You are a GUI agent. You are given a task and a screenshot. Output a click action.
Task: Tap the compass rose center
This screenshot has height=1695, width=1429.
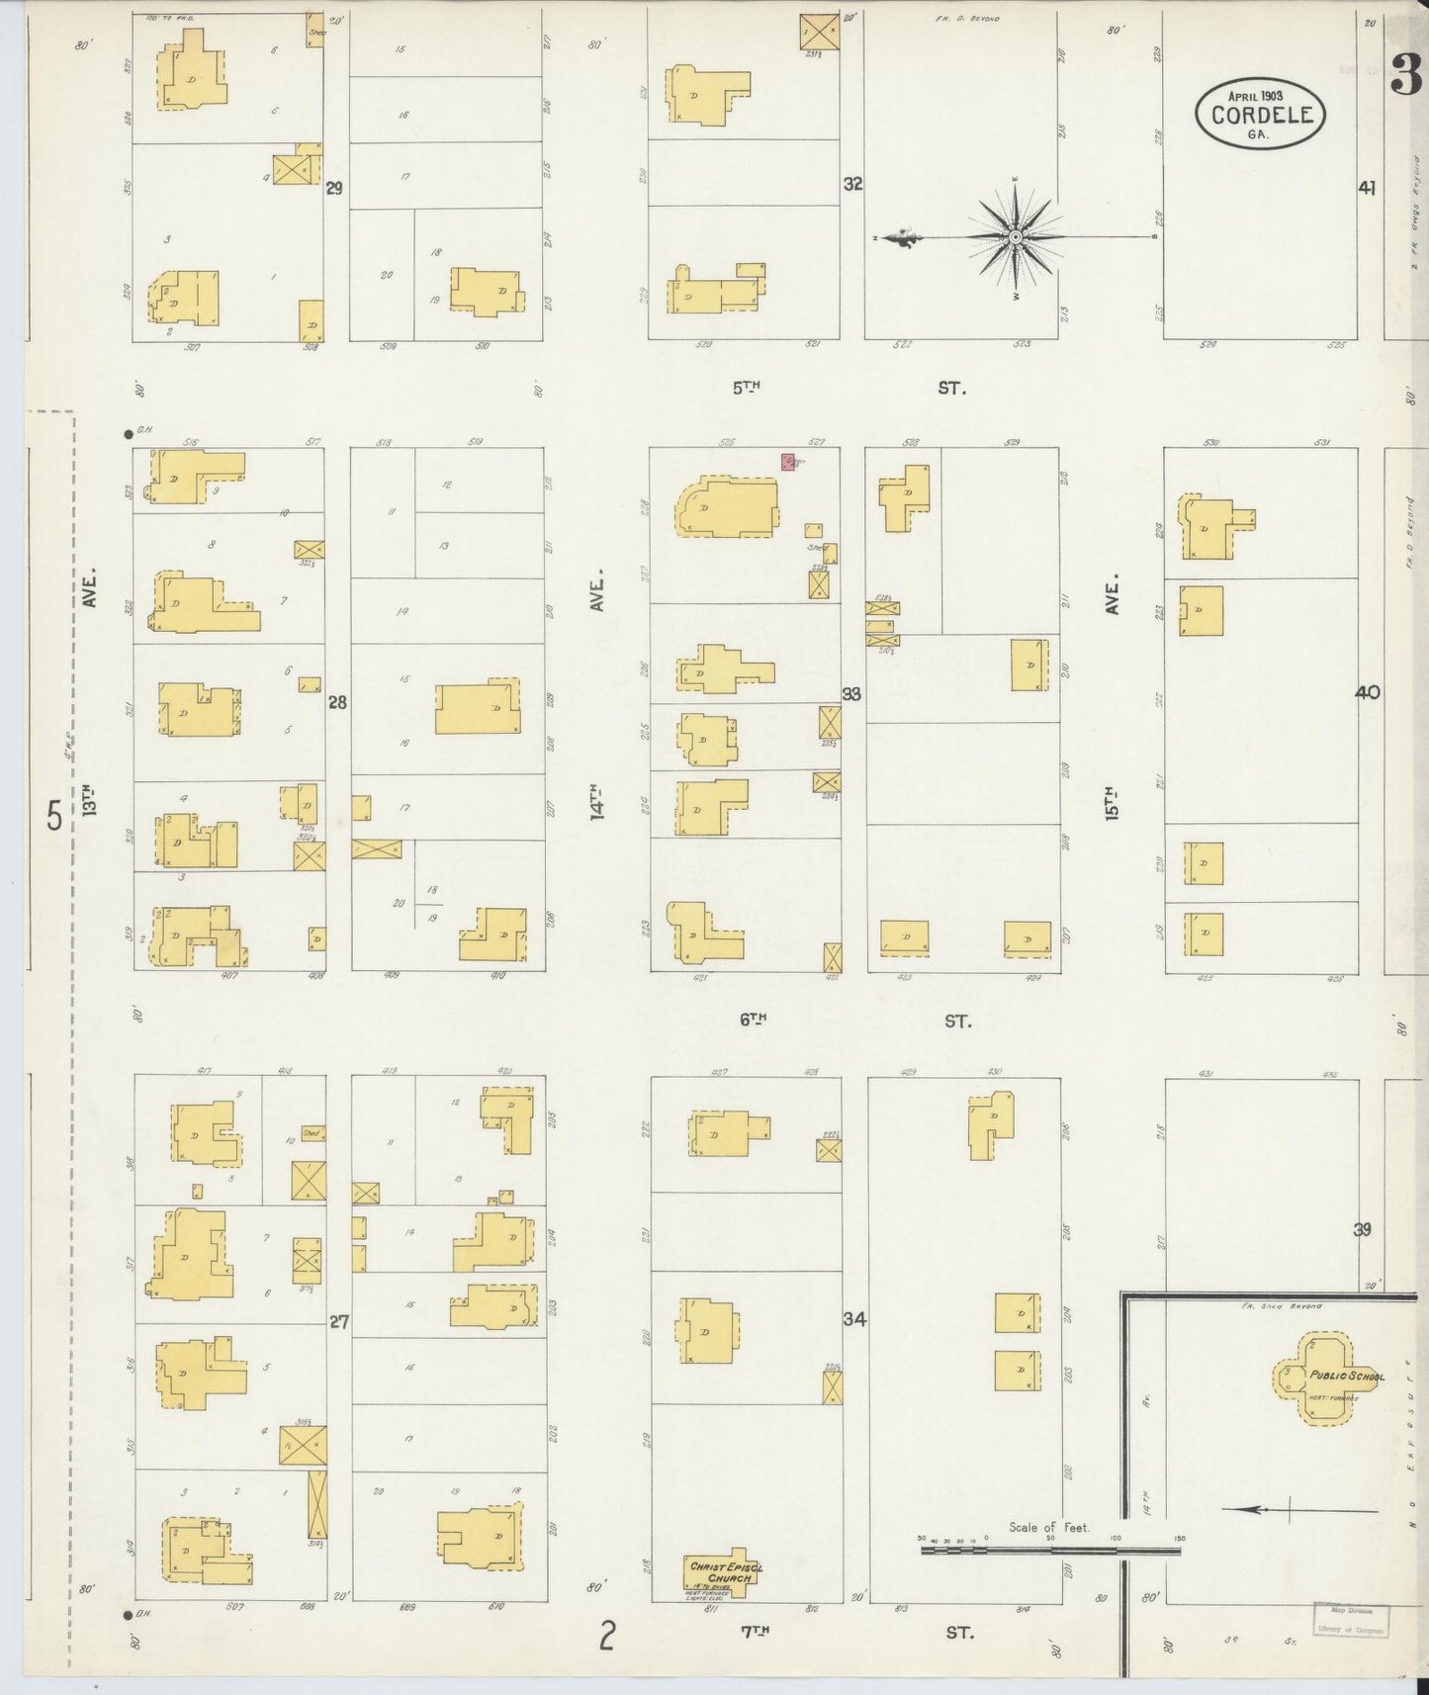(1016, 237)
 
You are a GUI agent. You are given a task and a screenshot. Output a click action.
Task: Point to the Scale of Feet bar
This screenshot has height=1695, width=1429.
(1050, 1578)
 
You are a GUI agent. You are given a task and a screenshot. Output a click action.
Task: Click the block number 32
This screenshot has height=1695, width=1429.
(852, 184)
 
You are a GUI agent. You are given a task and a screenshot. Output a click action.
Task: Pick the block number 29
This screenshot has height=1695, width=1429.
(334, 187)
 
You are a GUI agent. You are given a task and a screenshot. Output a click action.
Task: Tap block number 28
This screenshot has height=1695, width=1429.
(338, 703)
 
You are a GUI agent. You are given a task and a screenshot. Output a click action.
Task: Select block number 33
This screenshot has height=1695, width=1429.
(850, 694)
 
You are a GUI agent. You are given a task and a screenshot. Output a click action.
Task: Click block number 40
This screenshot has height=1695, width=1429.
(1367, 693)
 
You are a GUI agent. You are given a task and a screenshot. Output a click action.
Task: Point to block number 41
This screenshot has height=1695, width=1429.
(1367, 187)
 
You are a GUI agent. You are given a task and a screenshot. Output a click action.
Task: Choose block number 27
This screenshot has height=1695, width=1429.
(338, 1321)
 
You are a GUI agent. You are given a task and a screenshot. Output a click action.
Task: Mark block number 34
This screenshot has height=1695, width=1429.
(854, 1318)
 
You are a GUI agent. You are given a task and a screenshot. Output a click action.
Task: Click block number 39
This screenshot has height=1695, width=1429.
(1363, 1230)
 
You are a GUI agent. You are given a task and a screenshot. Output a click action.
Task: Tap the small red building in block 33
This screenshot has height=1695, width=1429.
(789, 462)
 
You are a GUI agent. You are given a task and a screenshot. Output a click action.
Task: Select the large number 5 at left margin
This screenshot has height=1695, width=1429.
(54, 817)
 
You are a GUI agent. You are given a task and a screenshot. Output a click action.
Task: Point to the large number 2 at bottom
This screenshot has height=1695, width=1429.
(606, 1637)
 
